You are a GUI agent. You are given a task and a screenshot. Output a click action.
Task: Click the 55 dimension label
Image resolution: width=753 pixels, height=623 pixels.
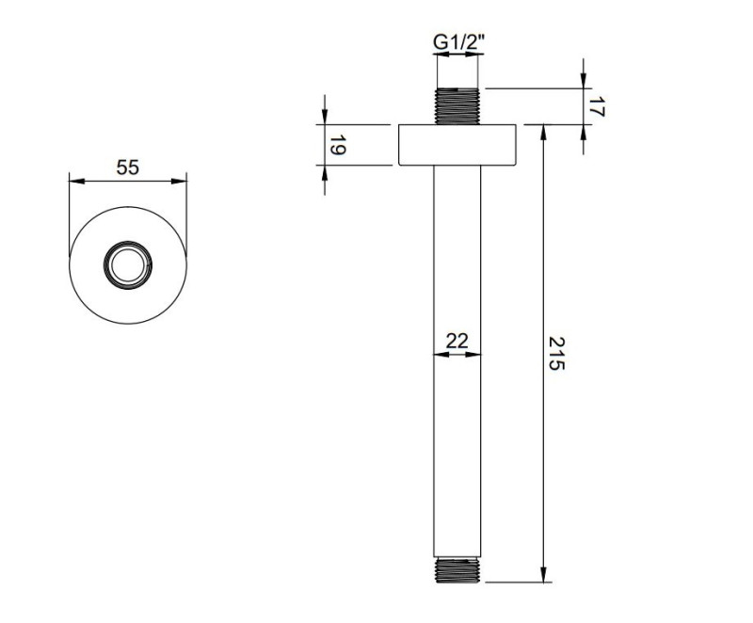127,168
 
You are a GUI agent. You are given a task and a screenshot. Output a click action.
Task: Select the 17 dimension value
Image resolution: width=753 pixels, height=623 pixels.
594,107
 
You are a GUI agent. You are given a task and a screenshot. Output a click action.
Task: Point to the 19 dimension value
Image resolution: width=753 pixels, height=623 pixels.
336,145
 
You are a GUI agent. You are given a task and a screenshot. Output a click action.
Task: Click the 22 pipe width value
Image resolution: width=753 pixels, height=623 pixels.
457,341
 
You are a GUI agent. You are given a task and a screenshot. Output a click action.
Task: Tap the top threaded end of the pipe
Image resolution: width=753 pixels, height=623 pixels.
457,105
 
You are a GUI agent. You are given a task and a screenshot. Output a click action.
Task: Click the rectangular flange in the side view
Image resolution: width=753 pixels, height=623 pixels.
457,145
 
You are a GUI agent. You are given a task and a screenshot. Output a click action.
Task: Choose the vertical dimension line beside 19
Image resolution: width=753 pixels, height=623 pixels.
324,145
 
